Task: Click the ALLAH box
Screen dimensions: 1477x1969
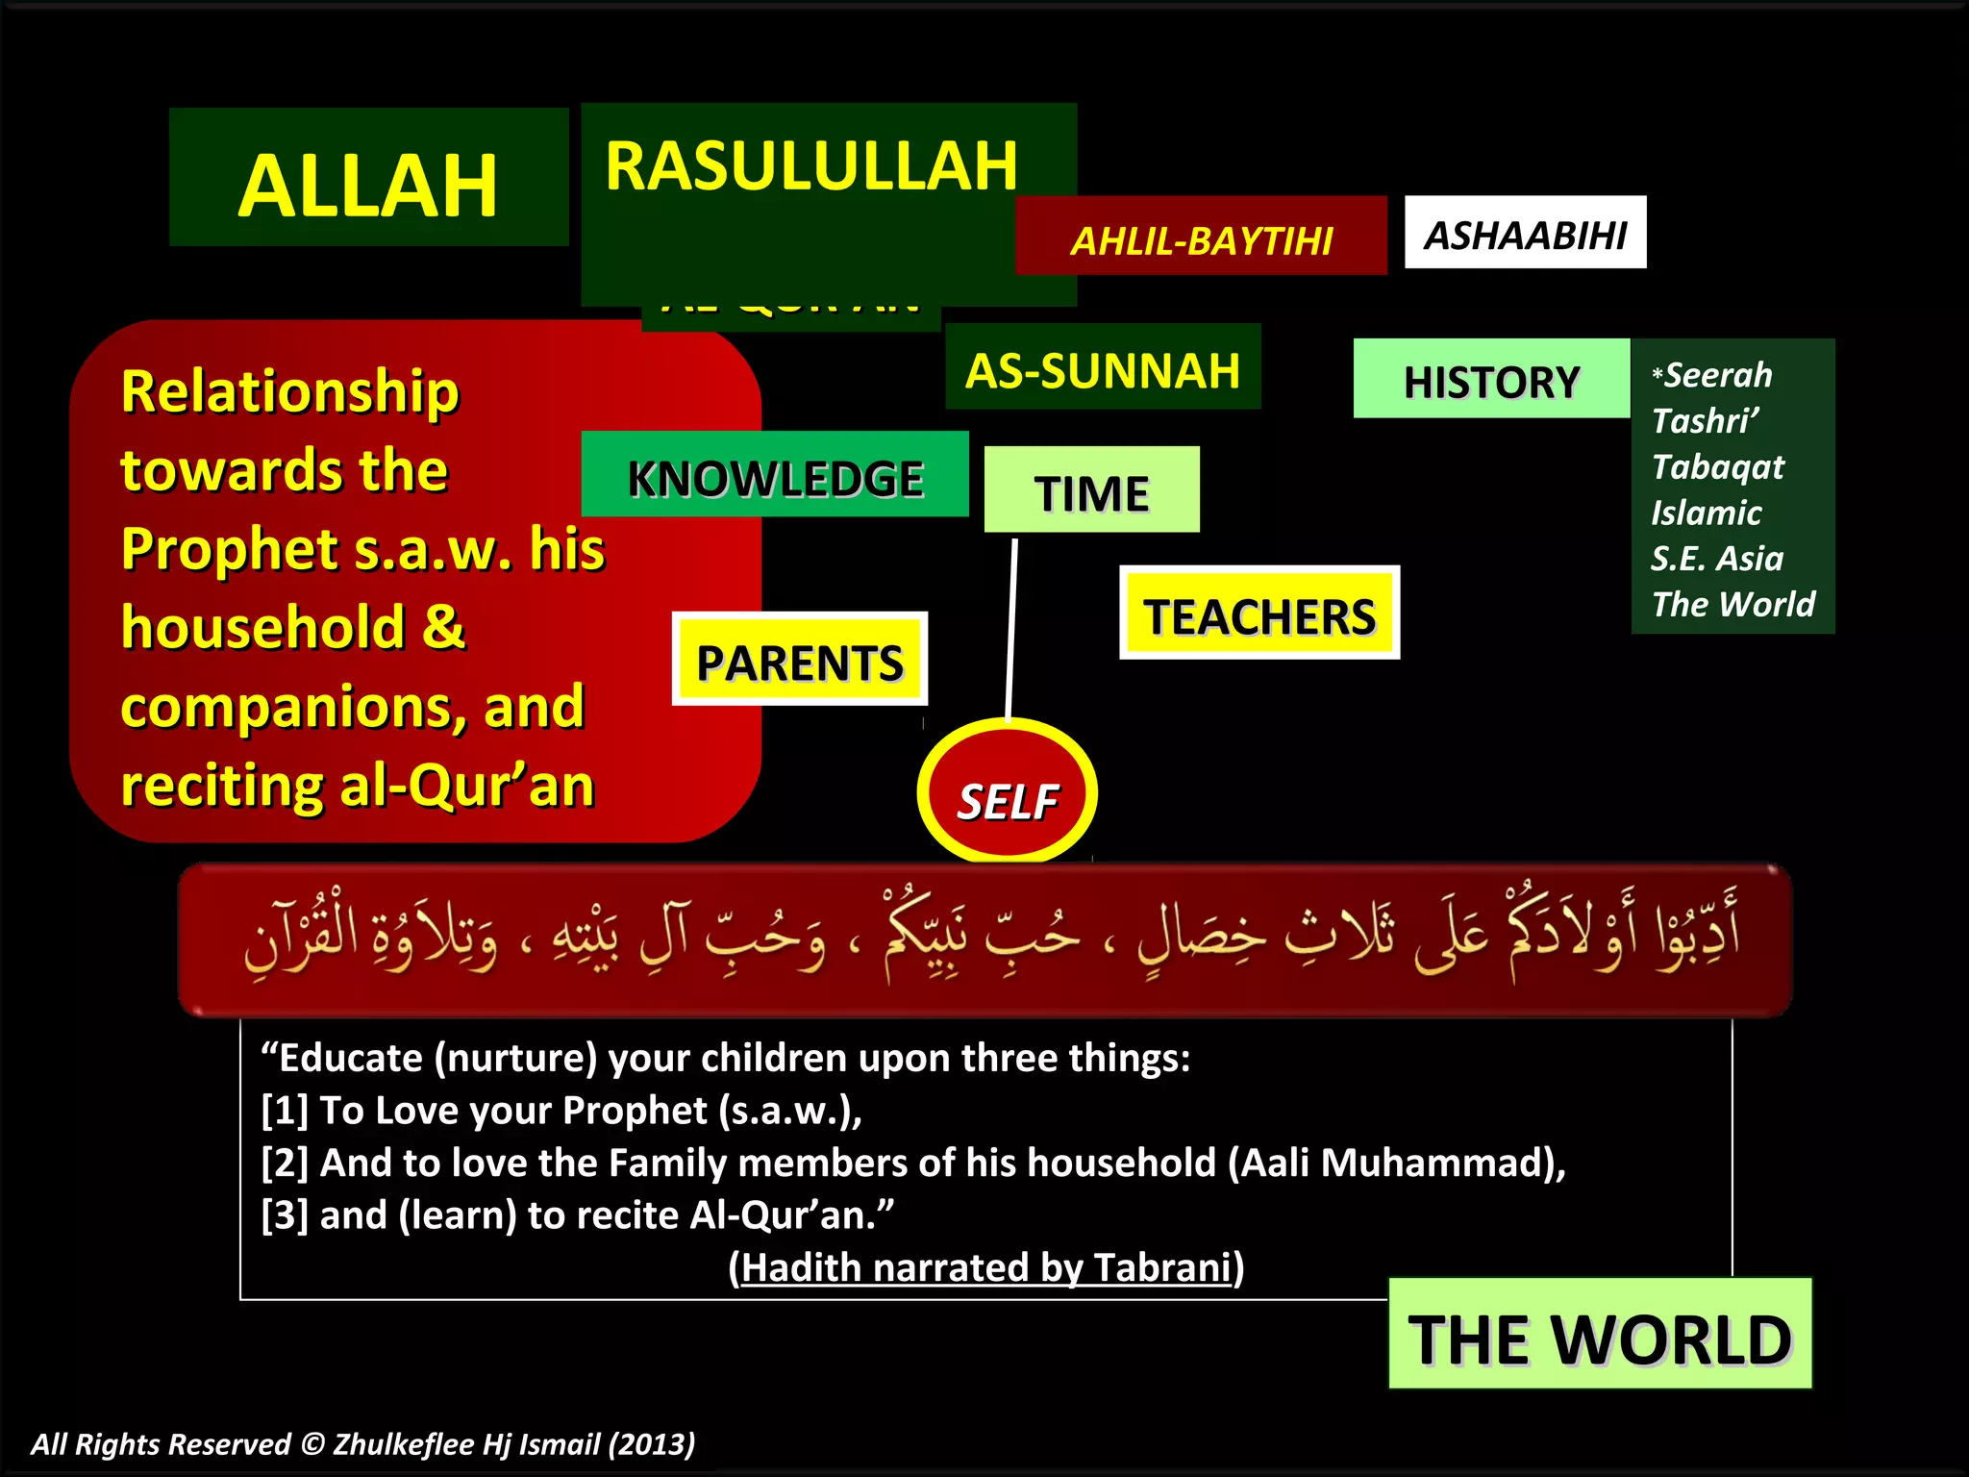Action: click(x=368, y=183)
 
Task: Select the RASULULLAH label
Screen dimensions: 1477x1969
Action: click(x=810, y=166)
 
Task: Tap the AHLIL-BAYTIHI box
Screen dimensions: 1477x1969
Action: click(x=1201, y=239)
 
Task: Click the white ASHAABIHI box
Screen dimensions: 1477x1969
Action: click(x=1525, y=234)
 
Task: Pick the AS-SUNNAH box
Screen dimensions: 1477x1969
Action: click(x=1103, y=369)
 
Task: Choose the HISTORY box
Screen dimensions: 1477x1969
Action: click(x=1491, y=381)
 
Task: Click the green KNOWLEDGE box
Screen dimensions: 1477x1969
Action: click(x=775, y=477)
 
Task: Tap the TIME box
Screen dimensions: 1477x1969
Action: click(x=1091, y=491)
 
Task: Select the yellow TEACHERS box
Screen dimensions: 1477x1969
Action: click(x=1259, y=614)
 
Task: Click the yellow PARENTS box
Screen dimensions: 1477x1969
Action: click(x=799, y=661)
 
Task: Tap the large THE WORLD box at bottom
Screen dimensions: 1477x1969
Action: click(x=1600, y=1337)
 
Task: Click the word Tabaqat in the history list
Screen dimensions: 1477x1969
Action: click(x=1717, y=466)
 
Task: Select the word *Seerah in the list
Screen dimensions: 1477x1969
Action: click(x=1712, y=374)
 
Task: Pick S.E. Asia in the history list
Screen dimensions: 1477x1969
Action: click(x=1716, y=558)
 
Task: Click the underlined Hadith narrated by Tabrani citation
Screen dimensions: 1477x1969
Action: click(x=986, y=1267)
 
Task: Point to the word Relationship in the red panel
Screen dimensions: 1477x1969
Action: click(x=290, y=391)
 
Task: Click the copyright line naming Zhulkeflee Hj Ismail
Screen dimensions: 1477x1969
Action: click(x=362, y=1443)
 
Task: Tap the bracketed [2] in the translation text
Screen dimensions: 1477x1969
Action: click(x=285, y=1164)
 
